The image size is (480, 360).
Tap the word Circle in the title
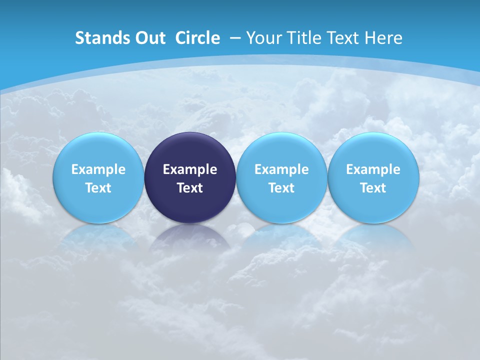[197, 38]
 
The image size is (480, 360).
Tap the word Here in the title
[383, 38]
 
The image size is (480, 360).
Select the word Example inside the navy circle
[190, 169]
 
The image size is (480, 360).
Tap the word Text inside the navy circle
[190, 188]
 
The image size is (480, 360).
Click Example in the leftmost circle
[98, 169]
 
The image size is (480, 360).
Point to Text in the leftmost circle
[98, 188]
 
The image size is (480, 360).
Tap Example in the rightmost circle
[373, 169]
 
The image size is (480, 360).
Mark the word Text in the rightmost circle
[373, 188]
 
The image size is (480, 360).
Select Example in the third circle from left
[281, 169]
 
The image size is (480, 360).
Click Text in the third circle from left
[281, 188]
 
